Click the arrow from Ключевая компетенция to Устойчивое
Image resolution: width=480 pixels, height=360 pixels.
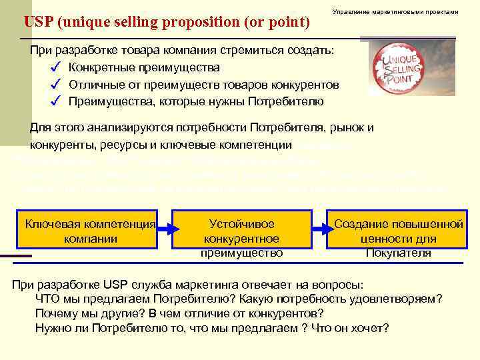[x=165, y=229]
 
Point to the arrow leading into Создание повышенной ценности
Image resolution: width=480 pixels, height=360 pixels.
[x=319, y=229]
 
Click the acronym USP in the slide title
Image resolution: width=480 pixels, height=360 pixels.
[x=39, y=22]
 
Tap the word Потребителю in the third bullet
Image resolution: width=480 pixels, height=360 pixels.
[x=285, y=101]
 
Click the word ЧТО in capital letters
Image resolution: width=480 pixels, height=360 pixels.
[x=48, y=299]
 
